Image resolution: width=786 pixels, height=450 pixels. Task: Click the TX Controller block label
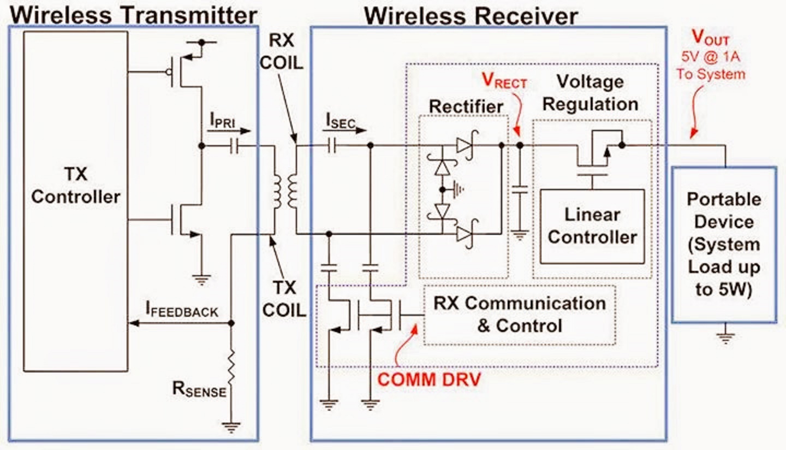pyautogui.click(x=75, y=186)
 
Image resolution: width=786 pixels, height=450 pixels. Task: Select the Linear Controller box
pyautogui.click(x=592, y=226)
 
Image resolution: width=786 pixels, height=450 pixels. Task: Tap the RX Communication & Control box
pyautogui.click(x=519, y=315)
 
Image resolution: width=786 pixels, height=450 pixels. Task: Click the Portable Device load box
pyautogui.click(x=724, y=244)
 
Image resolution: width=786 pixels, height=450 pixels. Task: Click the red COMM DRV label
pyautogui.click(x=429, y=380)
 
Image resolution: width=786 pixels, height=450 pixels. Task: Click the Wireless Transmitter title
pyautogui.click(x=133, y=15)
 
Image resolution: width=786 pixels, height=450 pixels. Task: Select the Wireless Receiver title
pyautogui.click(x=471, y=16)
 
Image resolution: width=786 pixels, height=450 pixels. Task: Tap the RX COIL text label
pyautogui.click(x=281, y=52)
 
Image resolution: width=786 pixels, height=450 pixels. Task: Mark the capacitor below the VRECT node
pyautogui.click(x=520, y=190)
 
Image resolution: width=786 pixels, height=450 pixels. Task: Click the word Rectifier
pyautogui.click(x=466, y=106)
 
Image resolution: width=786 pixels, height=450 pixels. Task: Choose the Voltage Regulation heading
pyautogui.click(x=590, y=93)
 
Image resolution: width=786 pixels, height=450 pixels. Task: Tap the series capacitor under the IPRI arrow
pyautogui.click(x=234, y=146)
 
